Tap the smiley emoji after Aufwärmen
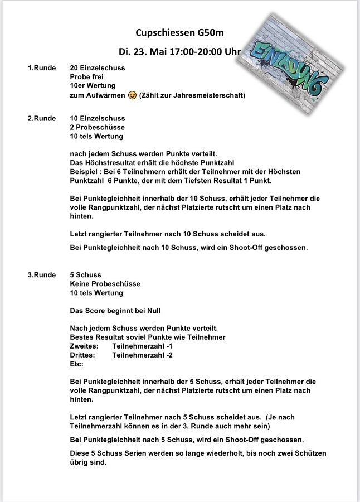tap(132, 95)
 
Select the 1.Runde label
tap(42, 68)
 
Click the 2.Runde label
tap(42, 118)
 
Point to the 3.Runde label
tap(42, 275)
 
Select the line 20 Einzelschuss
tap(98, 68)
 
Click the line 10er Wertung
tap(93, 86)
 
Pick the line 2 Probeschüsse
tap(98, 127)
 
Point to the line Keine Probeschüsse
tap(105, 284)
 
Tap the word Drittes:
tap(82, 355)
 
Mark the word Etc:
tap(77, 364)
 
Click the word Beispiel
tap(84, 172)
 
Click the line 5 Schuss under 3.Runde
tap(86, 275)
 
